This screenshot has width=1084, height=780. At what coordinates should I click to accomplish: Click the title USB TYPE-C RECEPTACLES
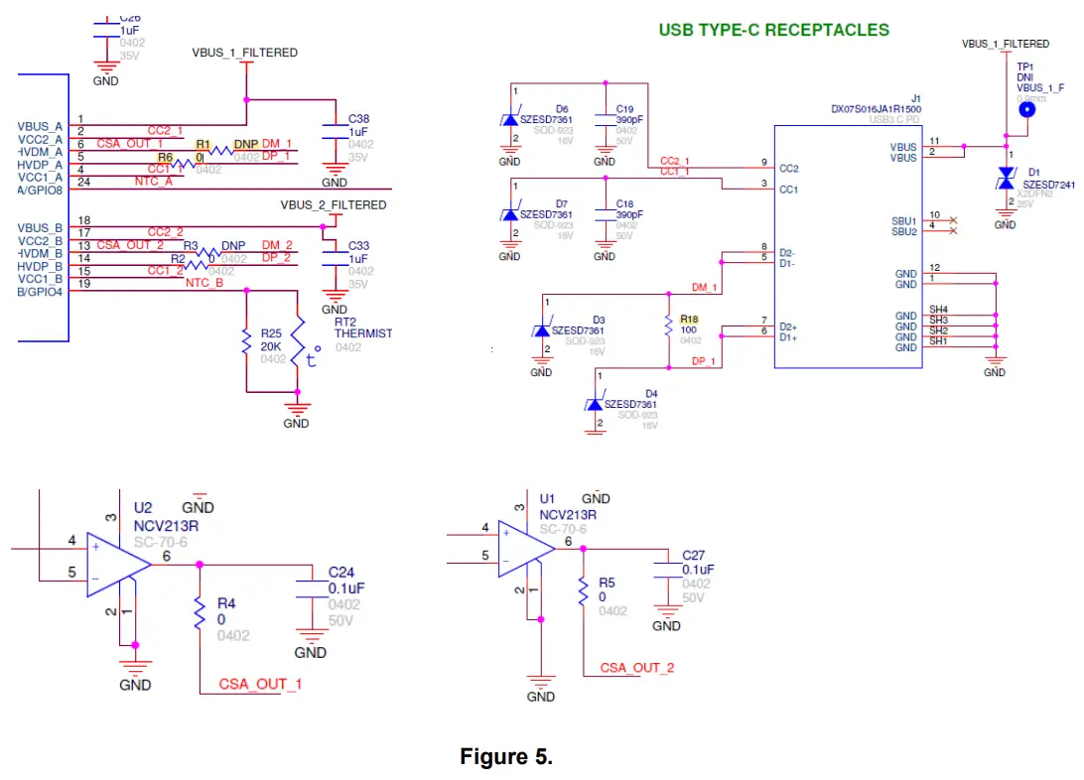(774, 30)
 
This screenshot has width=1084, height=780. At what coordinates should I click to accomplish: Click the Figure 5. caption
(505, 757)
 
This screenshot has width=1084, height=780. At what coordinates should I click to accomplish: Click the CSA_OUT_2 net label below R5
(636, 668)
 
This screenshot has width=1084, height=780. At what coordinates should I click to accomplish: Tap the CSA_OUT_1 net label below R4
(260, 685)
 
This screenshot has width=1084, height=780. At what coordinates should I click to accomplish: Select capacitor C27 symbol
(666, 574)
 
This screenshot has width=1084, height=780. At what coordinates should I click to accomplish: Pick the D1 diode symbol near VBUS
(1006, 178)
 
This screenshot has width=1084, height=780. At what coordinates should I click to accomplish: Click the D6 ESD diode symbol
(510, 119)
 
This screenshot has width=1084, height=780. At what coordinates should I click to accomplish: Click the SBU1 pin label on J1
(904, 220)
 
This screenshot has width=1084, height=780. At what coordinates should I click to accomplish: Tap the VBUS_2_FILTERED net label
(334, 205)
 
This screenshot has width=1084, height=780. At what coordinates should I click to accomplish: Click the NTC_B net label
(204, 284)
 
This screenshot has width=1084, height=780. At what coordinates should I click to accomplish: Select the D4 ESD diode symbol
(596, 404)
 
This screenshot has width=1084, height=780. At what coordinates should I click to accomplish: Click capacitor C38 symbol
(335, 133)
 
